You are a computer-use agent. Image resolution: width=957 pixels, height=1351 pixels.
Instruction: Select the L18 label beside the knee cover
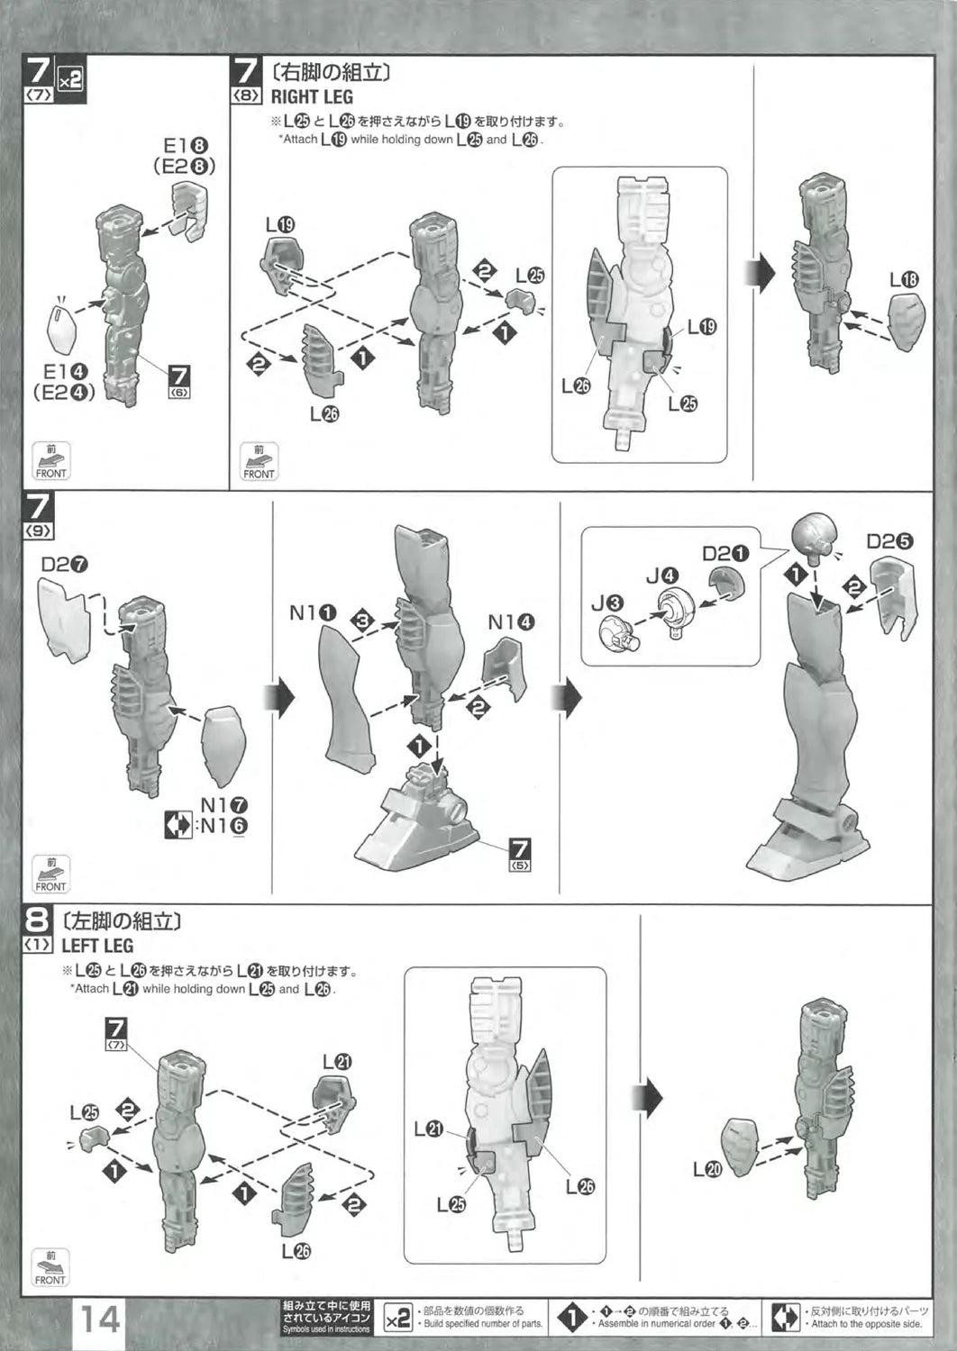[904, 280]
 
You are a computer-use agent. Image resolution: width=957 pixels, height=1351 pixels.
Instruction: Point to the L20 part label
[707, 1169]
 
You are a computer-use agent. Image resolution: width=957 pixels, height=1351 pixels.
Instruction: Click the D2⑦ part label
[64, 565]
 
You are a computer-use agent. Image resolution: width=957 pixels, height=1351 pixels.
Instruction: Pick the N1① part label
[313, 613]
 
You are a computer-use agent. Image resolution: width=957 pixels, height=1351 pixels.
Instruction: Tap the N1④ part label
[511, 622]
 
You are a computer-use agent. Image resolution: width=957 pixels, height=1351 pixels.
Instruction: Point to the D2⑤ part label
[889, 541]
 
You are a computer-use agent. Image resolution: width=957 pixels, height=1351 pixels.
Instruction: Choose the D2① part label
[725, 552]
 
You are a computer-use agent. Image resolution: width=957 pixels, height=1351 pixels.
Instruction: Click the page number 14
[101, 1319]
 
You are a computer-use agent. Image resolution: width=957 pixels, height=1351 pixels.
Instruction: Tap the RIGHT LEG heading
[312, 97]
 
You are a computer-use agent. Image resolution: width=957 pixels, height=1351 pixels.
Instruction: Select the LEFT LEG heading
[97, 946]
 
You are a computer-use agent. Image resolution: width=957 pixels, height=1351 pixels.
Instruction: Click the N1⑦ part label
[223, 806]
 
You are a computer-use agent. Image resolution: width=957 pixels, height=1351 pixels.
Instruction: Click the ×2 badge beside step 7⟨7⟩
[69, 79]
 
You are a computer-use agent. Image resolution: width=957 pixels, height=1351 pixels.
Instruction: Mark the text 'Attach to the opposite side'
[869, 1324]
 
